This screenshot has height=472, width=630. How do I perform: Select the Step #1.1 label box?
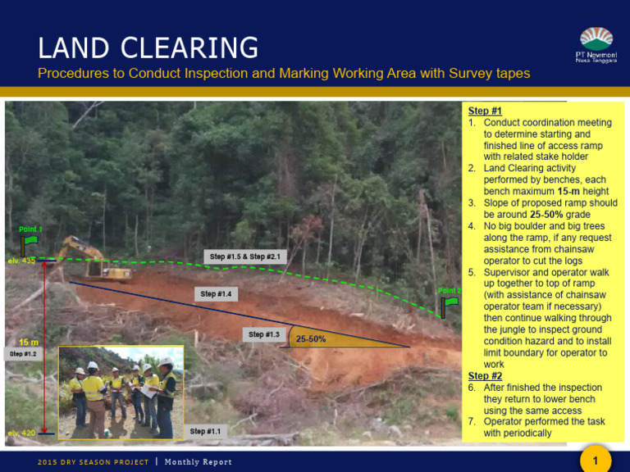(x=205, y=431)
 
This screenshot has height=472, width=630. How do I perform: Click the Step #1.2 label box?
(x=23, y=354)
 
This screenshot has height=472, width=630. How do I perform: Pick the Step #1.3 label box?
(x=264, y=334)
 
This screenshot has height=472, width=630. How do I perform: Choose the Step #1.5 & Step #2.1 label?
(x=245, y=256)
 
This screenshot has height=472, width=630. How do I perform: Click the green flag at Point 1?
(x=30, y=242)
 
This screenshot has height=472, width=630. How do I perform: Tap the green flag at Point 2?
(x=450, y=306)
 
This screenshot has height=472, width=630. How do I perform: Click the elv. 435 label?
(x=21, y=261)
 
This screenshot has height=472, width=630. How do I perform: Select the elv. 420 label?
(x=21, y=433)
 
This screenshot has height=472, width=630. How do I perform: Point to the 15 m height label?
(x=29, y=342)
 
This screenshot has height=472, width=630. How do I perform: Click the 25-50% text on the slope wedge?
(x=310, y=338)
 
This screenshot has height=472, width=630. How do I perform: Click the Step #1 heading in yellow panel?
(x=485, y=111)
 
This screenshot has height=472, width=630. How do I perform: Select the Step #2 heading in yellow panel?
(x=485, y=376)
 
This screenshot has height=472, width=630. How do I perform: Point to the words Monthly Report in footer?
(x=199, y=462)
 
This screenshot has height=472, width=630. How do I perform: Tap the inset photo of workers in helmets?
(x=121, y=393)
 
